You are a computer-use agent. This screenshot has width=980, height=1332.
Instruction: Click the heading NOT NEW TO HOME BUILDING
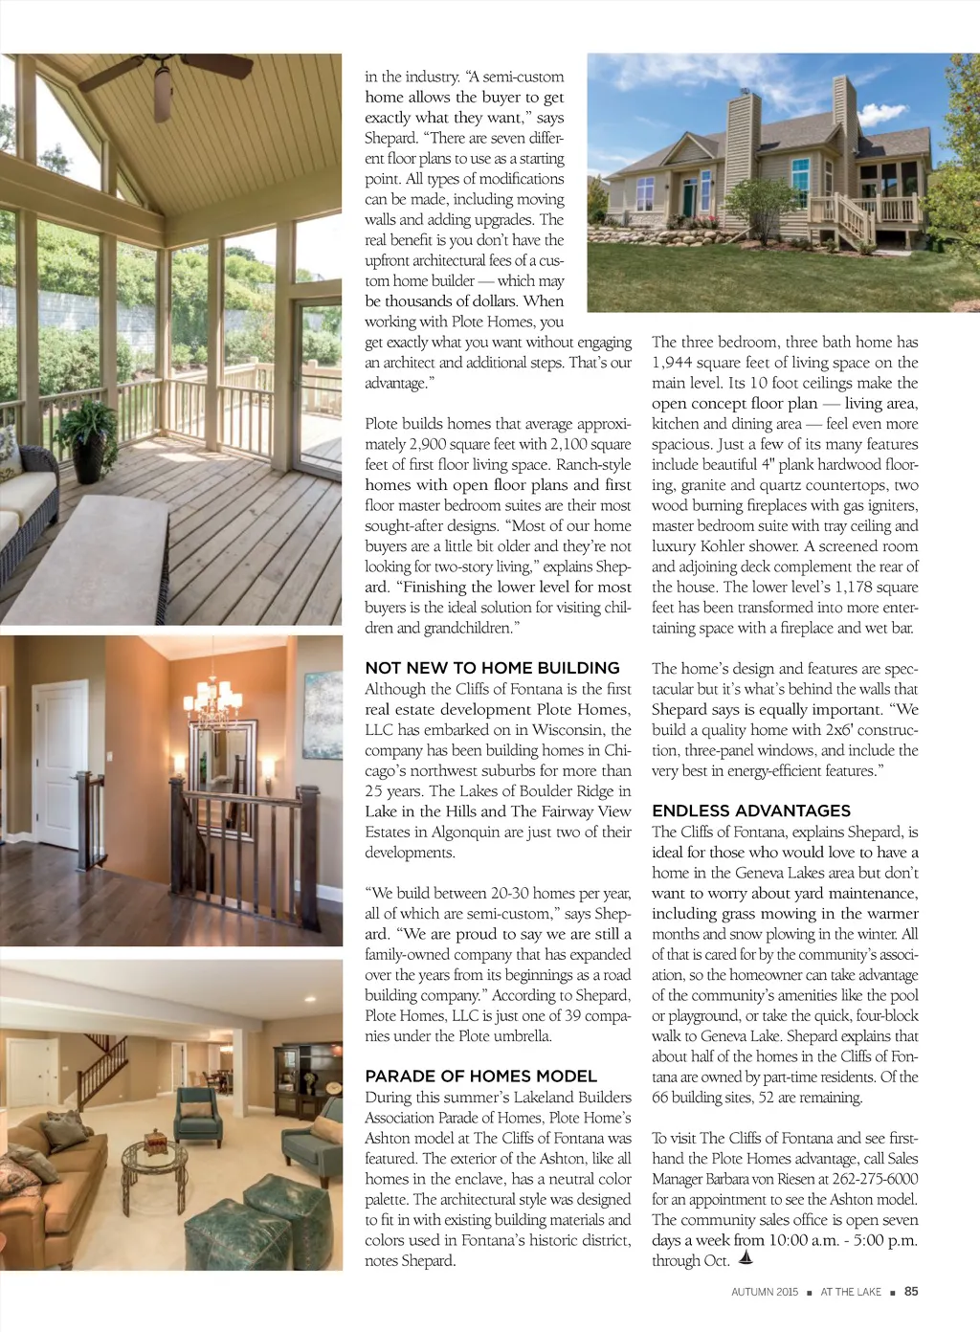click(492, 668)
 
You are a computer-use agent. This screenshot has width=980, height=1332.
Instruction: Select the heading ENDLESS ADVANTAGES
click(751, 810)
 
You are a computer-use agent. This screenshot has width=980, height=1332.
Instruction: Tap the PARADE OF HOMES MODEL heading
click(480, 1077)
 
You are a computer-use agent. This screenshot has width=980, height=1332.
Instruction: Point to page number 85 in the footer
click(911, 1292)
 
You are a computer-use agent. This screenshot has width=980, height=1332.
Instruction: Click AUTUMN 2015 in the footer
click(765, 1292)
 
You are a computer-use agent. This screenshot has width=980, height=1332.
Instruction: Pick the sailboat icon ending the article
click(747, 1259)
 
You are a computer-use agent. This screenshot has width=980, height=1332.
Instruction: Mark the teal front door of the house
click(688, 197)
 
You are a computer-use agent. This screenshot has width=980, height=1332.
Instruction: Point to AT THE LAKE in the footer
click(851, 1292)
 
